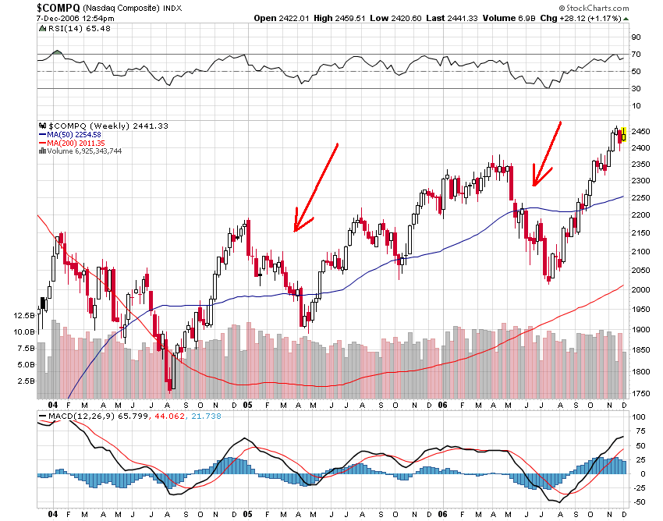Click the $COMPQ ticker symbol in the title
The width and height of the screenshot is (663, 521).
(55, 7)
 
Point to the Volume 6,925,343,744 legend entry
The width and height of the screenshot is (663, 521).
(83, 151)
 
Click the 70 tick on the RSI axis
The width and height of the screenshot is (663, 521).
(636, 54)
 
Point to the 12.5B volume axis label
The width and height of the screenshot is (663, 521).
(24, 316)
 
